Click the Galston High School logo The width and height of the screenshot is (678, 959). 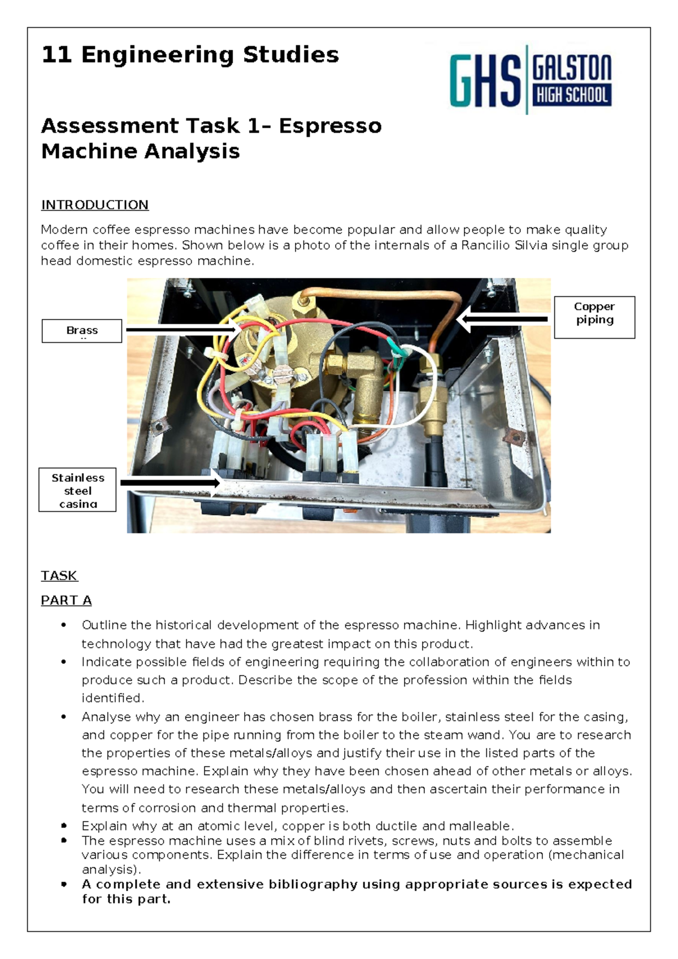click(531, 80)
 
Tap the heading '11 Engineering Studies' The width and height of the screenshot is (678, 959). click(190, 55)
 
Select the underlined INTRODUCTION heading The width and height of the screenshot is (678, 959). click(94, 205)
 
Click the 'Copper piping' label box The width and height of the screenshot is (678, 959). click(594, 317)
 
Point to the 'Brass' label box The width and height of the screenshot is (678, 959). click(82, 331)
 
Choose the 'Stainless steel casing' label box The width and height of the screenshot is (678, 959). click(77, 490)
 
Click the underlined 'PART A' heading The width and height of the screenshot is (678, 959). click(66, 600)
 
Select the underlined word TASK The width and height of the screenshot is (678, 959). click(59, 576)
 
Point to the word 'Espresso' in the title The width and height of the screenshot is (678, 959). click(330, 126)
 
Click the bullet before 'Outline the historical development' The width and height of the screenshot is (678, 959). click(64, 625)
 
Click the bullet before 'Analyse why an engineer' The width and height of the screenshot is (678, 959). click(64, 717)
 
